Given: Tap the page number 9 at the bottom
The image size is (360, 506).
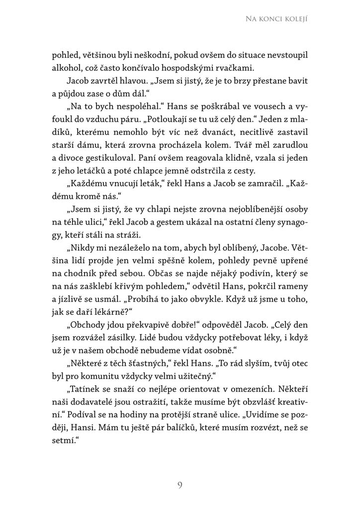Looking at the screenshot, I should click(x=180, y=485).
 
